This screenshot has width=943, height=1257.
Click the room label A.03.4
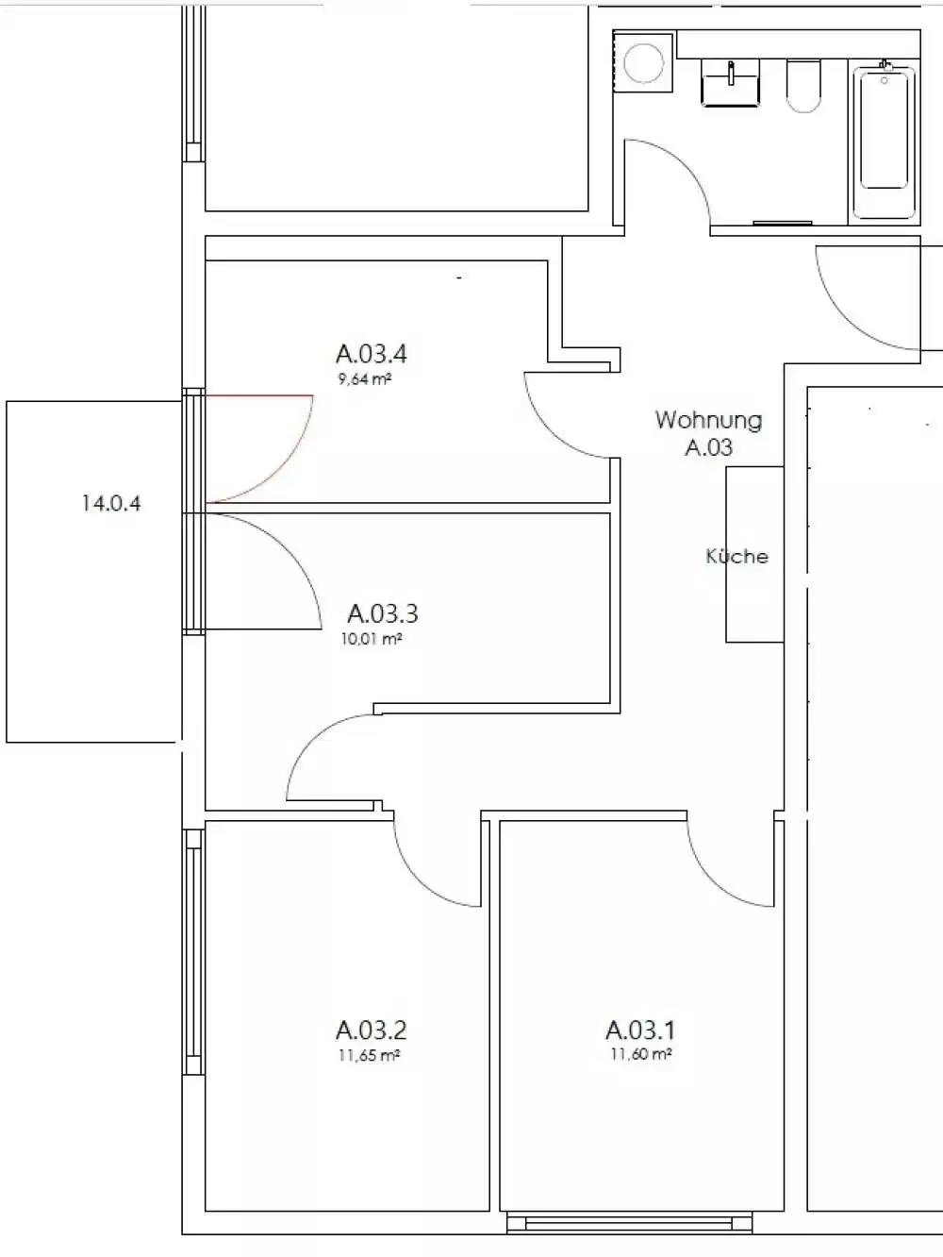[x=371, y=354]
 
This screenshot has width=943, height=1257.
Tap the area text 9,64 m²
[x=364, y=380]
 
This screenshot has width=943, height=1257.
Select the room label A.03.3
[x=382, y=613]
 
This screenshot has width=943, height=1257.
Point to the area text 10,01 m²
[x=372, y=639]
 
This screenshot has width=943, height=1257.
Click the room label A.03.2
[x=371, y=1030]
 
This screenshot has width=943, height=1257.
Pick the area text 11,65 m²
[x=369, y=1055]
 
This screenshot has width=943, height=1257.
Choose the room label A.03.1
[x=639, y=1030]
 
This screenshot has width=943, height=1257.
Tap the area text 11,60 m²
[x=640, y=1054]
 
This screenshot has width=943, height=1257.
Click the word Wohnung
[x=708, y=419]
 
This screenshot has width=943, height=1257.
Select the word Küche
[x=736, y=557]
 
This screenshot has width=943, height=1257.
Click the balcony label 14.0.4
[x=111, y=503]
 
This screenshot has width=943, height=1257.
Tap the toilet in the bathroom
[x=803, y=86]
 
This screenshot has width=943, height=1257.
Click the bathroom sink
[x=730, y=81]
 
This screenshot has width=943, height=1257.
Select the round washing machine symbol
[x=644, y=63]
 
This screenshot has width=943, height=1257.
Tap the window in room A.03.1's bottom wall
[x=630, y=1223]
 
